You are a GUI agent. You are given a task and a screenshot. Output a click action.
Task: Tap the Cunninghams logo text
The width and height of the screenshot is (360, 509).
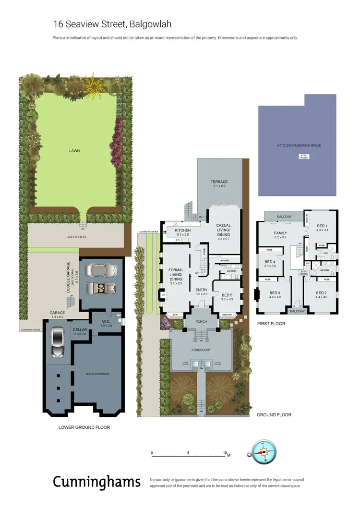[x=96, y=482]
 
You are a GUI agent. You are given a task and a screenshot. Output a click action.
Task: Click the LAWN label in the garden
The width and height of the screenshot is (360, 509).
[x=74, y=150]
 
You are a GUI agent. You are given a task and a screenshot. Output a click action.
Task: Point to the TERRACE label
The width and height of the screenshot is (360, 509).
[x=218, y=182]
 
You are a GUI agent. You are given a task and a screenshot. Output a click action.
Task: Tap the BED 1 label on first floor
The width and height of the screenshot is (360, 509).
[x=321, y=226]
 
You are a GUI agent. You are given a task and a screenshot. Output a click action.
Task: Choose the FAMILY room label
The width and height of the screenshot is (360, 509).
[x=281, y=232]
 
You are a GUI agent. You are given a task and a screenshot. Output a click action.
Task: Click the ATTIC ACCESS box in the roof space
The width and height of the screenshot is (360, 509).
[x=303, y=156]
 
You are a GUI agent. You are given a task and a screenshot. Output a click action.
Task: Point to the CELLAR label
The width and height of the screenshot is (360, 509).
[x=79, y=329]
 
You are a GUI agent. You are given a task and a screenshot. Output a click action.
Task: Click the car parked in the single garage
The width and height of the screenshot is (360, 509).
[x=57, y=342]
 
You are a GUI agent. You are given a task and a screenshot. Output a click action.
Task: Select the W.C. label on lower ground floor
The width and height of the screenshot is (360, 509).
[x=106, y=322]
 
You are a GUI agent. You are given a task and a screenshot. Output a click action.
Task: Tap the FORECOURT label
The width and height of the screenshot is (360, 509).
[x=201, y=350]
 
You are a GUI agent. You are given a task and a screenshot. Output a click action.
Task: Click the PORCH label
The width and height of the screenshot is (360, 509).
[x=201, y=322]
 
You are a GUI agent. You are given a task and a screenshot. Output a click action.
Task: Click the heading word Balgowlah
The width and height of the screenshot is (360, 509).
[x=149, y=24]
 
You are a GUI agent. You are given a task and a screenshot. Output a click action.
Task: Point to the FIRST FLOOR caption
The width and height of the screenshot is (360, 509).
[x=271, y=324]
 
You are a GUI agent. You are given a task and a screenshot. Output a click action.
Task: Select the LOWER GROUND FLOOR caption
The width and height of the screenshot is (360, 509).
[x=84, y=426]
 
